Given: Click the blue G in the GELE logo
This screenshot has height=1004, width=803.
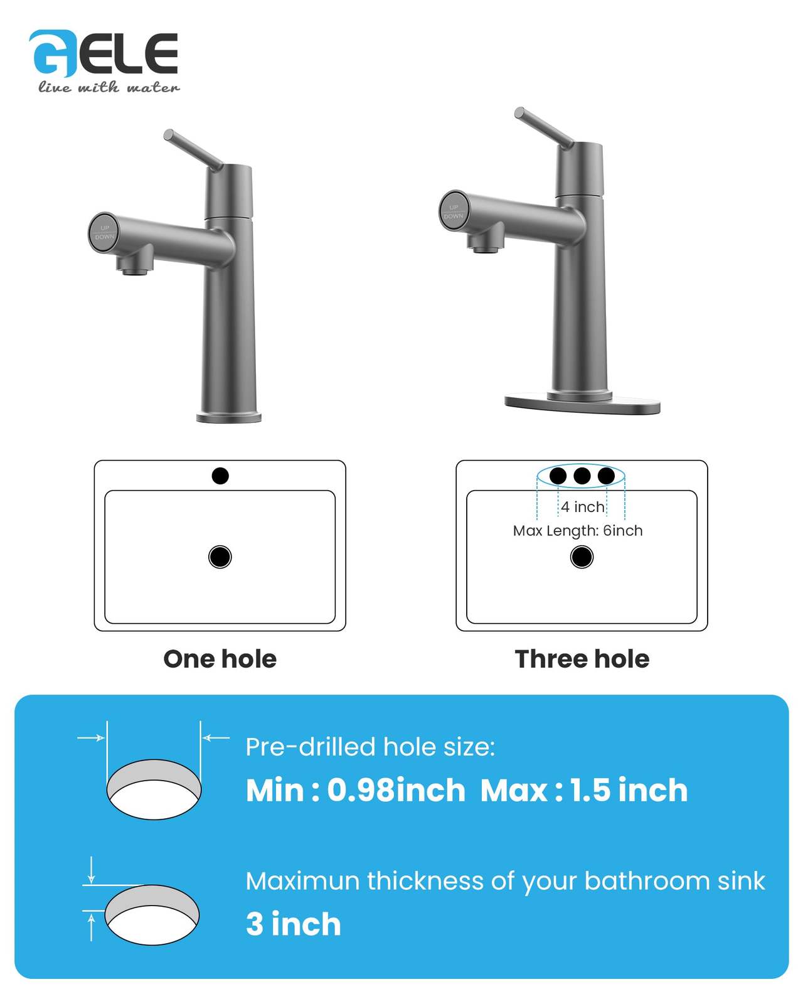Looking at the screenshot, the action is point(52,54).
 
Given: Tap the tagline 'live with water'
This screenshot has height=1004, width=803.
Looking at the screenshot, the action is point(109,87).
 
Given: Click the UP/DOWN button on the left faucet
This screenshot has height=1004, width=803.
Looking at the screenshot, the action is point(104,233).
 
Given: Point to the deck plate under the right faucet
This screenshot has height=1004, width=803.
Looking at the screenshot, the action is point(582,404).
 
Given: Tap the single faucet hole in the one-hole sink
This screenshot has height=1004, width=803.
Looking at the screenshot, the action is point(220,476).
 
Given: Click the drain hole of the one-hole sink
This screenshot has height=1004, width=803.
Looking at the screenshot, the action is point(220,557).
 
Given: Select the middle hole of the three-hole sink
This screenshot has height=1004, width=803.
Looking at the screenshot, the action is point(582,476).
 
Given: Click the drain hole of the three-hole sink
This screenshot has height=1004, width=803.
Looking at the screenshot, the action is point(582,557).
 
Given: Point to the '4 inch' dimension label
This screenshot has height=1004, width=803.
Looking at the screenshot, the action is point(582,506).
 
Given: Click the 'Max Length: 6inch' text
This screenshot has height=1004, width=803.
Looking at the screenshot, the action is point(578,531).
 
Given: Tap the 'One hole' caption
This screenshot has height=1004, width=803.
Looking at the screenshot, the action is point(220,660).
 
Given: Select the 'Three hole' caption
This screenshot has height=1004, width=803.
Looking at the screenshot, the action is point(582,660).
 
